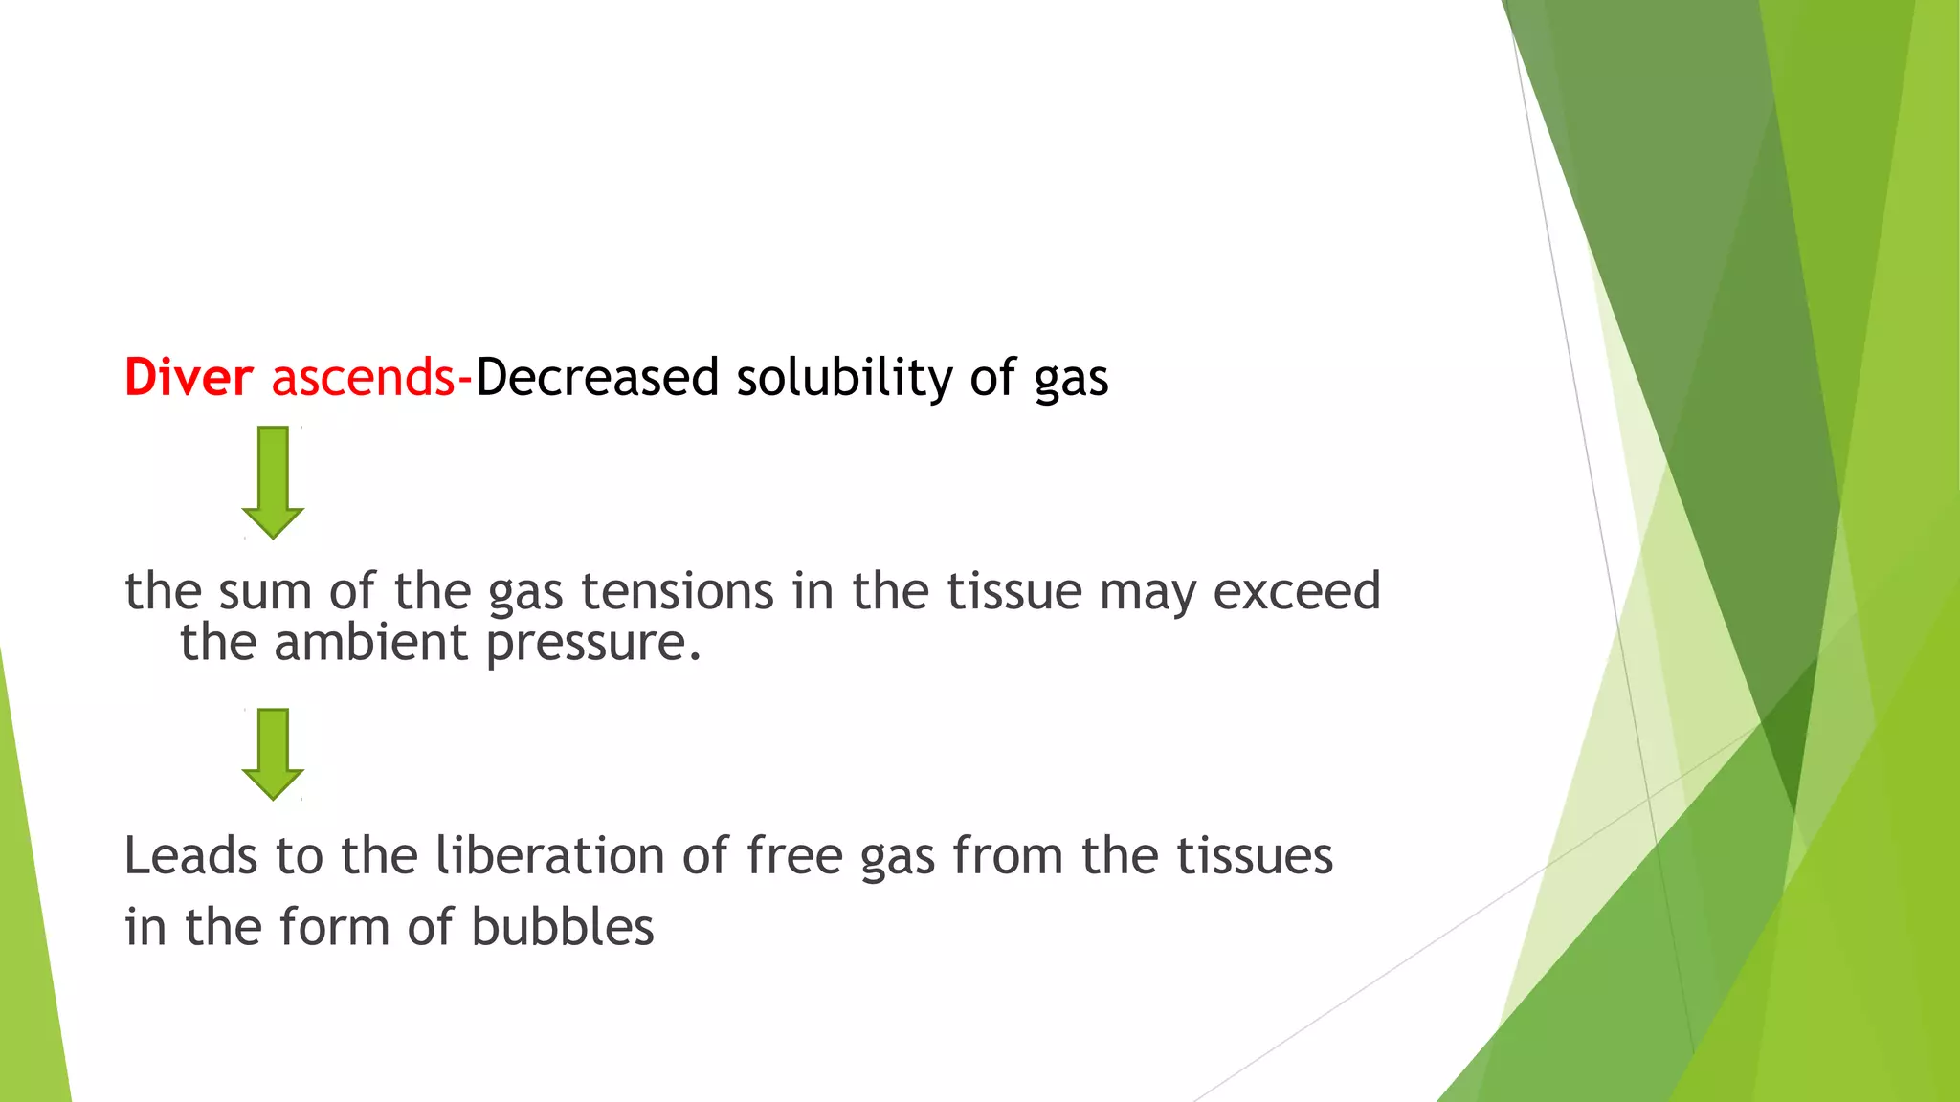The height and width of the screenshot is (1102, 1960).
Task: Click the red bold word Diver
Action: (x=189, y=377)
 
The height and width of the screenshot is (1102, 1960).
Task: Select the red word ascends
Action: (x=363, y=377)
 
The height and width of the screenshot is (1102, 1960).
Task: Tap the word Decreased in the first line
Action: (x=597, y=377)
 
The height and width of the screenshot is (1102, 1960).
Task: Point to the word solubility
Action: (x=844, y=377)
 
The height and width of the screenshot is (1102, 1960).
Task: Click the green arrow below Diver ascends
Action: (x=273, y=482)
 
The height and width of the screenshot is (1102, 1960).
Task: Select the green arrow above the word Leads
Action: (x=273, y=754)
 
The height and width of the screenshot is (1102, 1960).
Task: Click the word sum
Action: (x=265, y=590)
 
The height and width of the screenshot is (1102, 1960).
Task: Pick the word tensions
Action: (x=678, y=590)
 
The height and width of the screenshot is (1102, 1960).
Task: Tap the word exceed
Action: (x=1297, y=590)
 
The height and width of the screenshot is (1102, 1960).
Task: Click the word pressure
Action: (x=593, y=643)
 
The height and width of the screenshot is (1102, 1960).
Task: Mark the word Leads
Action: (x=190, y=855)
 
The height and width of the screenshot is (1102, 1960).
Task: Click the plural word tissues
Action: (x=1255, y=855)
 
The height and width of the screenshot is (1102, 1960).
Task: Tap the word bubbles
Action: (x=563, y=927)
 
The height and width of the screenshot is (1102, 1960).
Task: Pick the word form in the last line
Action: (x=335, y=927)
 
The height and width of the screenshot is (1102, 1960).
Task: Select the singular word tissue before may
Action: (x=1014, y=590)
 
